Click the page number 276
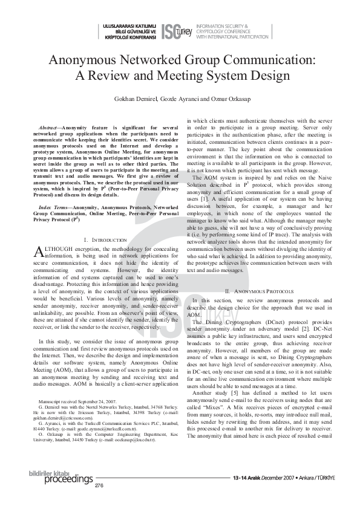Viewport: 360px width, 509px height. tap(99, 485)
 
